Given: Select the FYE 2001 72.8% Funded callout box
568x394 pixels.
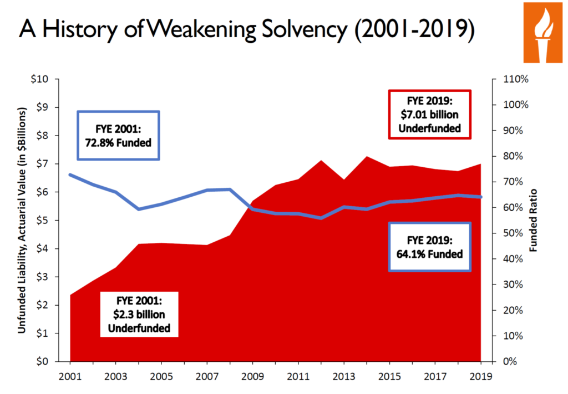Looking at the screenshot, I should click(x=118, y=136).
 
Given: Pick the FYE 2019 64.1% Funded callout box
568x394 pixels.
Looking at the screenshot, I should click(x=429, y=247).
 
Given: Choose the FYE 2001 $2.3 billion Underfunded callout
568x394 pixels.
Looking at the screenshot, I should click(x=140, y=314).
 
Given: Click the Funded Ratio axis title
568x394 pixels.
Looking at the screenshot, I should click(x=534, y=221).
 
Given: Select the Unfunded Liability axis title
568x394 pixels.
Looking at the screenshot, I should click(x=23, y=221).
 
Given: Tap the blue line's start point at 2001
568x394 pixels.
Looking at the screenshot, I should click(x=70, y=175).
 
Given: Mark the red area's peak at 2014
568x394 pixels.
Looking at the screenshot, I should click(x=366, y=157).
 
